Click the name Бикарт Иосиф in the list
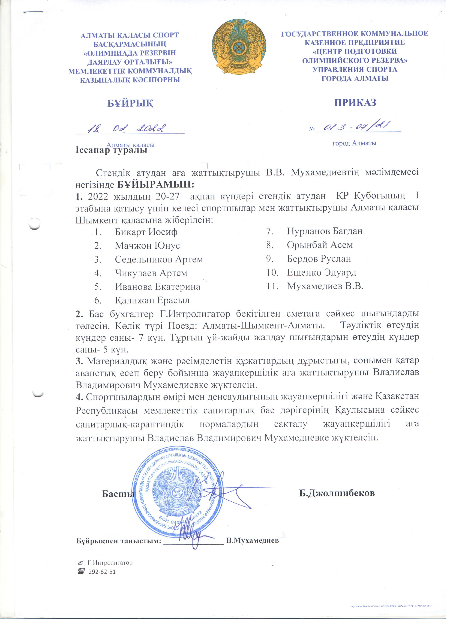click(146, 232)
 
